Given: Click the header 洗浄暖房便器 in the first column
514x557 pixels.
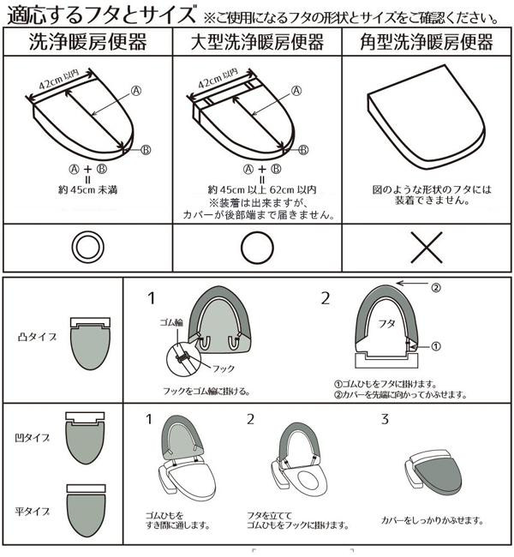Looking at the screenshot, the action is click(87, 42).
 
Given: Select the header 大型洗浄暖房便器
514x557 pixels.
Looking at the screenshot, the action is click(257, 42).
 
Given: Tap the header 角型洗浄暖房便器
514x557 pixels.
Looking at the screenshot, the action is click(427, 42).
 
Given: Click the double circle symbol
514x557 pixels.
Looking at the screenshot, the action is click(87, 248).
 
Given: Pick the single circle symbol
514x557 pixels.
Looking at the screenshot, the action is click(257, 248).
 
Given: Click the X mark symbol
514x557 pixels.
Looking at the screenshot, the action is click(427, 248).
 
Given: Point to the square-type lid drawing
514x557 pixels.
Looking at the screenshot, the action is click(427, 117).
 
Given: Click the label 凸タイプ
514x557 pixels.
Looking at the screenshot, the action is click(37, 337).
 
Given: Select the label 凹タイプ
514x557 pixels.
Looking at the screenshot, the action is click(32, 438).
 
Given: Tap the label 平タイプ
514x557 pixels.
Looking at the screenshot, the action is click(32, 512).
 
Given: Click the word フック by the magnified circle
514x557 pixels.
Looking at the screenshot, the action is click(224, 368).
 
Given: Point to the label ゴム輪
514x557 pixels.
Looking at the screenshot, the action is click(171, 322).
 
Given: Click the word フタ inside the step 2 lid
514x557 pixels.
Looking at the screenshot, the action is click(386, 324).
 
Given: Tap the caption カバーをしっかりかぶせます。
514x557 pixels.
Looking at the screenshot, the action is click(433, 521).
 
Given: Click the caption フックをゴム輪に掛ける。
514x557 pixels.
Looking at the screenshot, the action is click(206, 391).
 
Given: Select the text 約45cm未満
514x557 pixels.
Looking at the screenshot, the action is click(87, 190).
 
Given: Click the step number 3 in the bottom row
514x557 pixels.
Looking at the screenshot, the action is click(385, 420).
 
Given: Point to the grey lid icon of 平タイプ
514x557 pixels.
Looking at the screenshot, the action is click(87, 515).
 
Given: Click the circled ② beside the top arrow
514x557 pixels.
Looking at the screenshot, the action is click(436, 287).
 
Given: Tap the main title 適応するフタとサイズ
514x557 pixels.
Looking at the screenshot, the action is click(101, 15).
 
